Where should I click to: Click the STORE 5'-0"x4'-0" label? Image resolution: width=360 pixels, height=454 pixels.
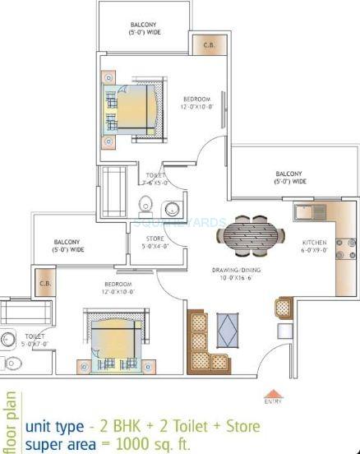155,243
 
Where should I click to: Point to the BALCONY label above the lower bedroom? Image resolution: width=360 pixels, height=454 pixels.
68,244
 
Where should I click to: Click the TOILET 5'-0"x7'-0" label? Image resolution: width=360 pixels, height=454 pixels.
35,340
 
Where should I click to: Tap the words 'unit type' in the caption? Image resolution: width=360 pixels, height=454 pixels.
54,427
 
